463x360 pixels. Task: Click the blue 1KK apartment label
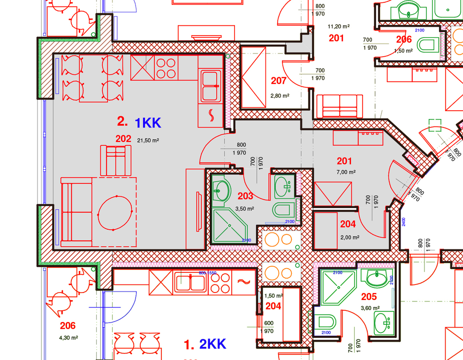pos(148,123)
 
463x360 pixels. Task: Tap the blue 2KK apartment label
pos(213,345)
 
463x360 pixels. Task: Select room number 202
pos(123,139)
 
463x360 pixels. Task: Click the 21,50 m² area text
pos(148,140)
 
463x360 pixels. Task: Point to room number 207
pos(279,81)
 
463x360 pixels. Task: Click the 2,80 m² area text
pos(280,96)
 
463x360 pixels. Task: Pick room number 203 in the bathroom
pos(246,196)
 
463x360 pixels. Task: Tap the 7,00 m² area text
pos(346,172)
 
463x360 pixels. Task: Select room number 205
pos(369,297)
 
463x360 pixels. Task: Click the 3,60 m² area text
pos(370,308)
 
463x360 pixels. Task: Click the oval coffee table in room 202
pos(114,213)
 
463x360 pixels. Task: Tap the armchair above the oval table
pos(115,159)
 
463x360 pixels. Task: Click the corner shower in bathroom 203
pos(230,226)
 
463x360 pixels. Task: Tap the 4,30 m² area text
pos(68,337)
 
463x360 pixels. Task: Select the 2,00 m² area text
pos(350,237)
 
